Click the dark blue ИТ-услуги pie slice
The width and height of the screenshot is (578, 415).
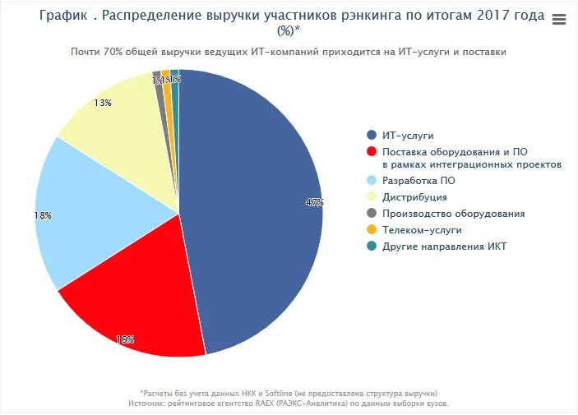pyautogui.click(x=255, y=214)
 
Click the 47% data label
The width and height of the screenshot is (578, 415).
pyautogui.click(x=314, y=202)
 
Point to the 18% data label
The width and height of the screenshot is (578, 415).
pyautogui.click(x=43, y=215)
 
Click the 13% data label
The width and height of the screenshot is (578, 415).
pyautogui.click(x=103, y=104)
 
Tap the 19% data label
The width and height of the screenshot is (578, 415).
pyautogui.click(x=125, y=339)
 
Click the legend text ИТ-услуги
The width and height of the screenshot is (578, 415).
pyautogui.click(x=408, y=135)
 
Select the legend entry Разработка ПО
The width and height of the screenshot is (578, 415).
pyautogui.click(x=418, y=180)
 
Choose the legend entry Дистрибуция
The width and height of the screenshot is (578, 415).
pyautogui.click(x=414, y=197)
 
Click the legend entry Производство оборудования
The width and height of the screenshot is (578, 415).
pyautogui.click(x=453, y=214)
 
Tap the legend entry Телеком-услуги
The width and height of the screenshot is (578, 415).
pyautogui.click(x=422, y=230)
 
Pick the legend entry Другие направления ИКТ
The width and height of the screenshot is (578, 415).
pyautogui.click(x=445, y=247)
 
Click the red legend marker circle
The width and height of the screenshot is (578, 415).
pyautogui.click(x=372, y=152)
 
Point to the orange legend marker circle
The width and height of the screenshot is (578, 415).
pyautogui.click(x=372, y=230)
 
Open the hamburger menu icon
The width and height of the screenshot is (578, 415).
pyautogui.click(x=559, y=20)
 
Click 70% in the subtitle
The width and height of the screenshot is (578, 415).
pyautogui.click(x=114, y=52)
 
